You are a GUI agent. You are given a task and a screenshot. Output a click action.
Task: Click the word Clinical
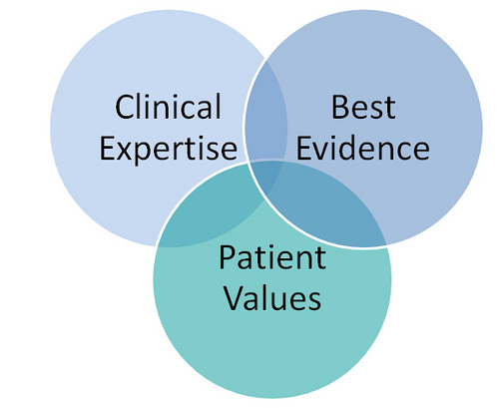click(168, 107)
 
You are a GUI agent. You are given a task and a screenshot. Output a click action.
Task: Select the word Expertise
click(169, 150)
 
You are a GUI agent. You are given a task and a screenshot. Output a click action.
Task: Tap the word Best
click(363, 107)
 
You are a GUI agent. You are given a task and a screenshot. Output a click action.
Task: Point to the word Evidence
click(363, 148)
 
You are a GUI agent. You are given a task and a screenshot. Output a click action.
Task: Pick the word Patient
click(272, 257)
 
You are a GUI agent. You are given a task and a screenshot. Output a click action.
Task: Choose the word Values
click(272, 297)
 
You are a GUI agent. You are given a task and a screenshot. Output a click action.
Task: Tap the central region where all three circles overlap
click(265, 178)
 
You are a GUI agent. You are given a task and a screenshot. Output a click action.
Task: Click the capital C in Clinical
click(124, 107)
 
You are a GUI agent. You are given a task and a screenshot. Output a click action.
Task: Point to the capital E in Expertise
click(108, 149)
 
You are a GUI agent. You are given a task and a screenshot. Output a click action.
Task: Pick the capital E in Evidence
click(304, 148)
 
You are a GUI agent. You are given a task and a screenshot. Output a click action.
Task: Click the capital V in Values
click(235, 297)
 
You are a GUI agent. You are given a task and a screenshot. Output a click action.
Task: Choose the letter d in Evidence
click(345, 148)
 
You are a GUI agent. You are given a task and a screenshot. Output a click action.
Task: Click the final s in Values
click(314, 301)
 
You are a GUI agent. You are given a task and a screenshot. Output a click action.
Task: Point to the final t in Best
click(390, 109)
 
